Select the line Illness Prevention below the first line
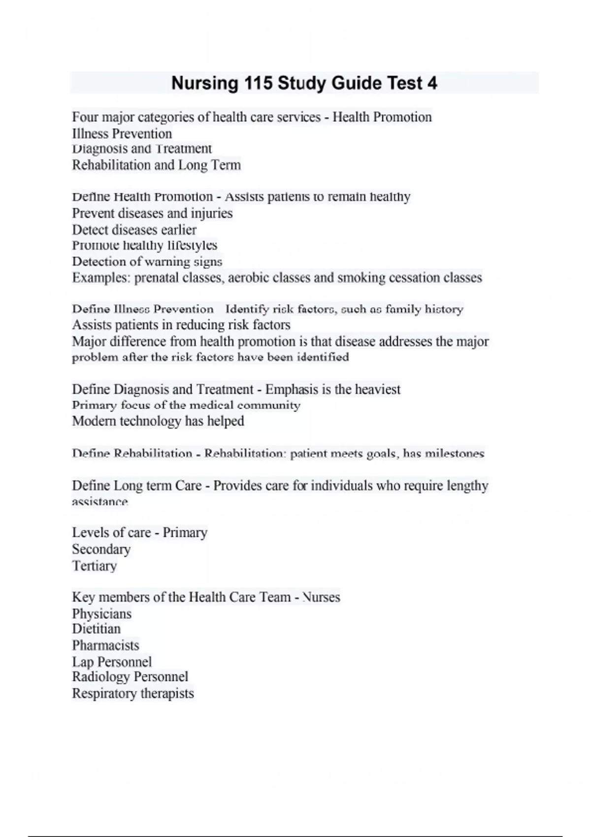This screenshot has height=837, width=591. tap(122, 134)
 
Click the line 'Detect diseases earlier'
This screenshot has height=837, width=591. tap(134, 230)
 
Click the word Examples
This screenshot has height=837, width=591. tap(101, 278)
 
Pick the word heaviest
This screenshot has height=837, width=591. tap(377, 389)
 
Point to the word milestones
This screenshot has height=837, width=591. tap(454, 453)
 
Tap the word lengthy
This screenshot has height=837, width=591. tap(467, 486)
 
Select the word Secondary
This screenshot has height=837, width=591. tap(101, 549)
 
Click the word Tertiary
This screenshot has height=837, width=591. tap(94, 566)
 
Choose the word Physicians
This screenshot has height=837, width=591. tap(101, 614)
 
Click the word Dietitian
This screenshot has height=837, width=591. tap(96, 629)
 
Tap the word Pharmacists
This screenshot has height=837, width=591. tap(105, 645)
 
